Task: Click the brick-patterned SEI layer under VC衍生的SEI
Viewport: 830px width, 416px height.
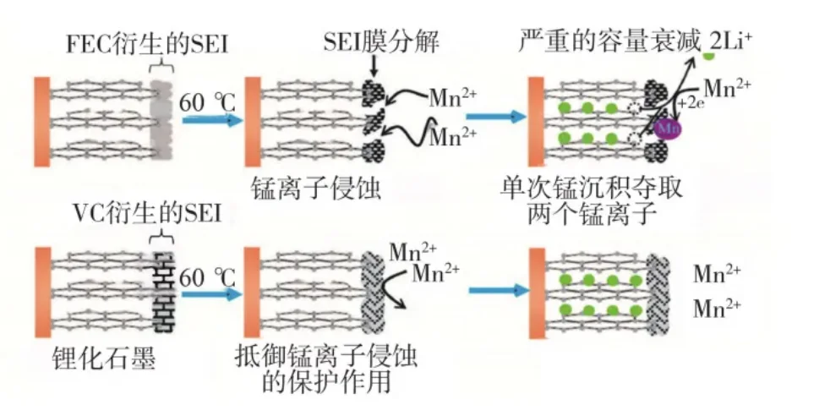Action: click(x=161, y=290)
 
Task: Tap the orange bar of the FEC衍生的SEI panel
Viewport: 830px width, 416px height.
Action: click(x=43, y=121)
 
